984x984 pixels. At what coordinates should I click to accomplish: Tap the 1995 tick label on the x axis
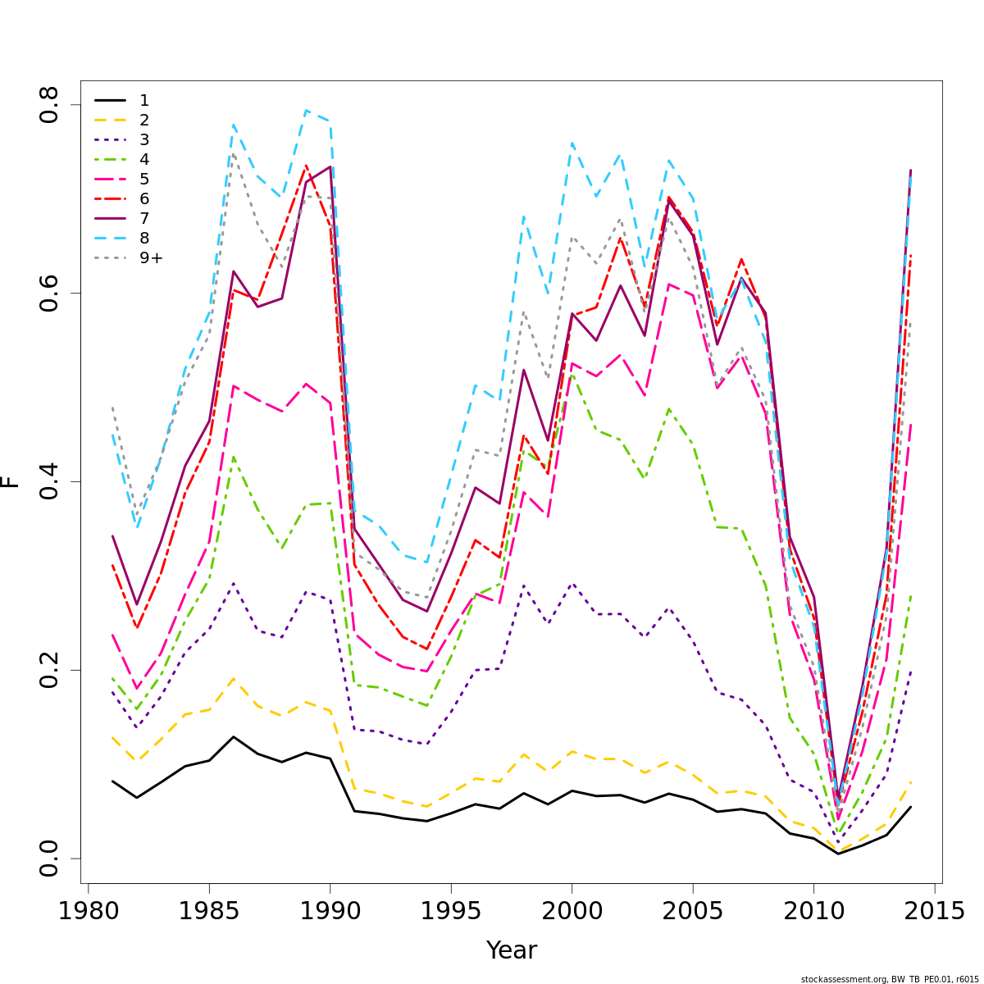click(x=451, y=911)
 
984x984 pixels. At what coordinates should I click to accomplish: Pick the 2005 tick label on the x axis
click(x=693, y=911)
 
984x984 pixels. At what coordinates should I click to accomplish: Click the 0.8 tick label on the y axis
click(x=50, y=105)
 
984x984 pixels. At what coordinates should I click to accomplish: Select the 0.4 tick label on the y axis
click(x=50, y=481)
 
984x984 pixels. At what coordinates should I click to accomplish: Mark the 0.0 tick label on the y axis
click(x=50, y=858)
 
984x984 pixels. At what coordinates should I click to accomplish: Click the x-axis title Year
click(x=512, y=951)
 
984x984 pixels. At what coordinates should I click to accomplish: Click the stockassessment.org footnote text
click(x=890, y=979)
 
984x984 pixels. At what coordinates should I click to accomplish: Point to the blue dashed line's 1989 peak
click(x=306, y=110)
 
